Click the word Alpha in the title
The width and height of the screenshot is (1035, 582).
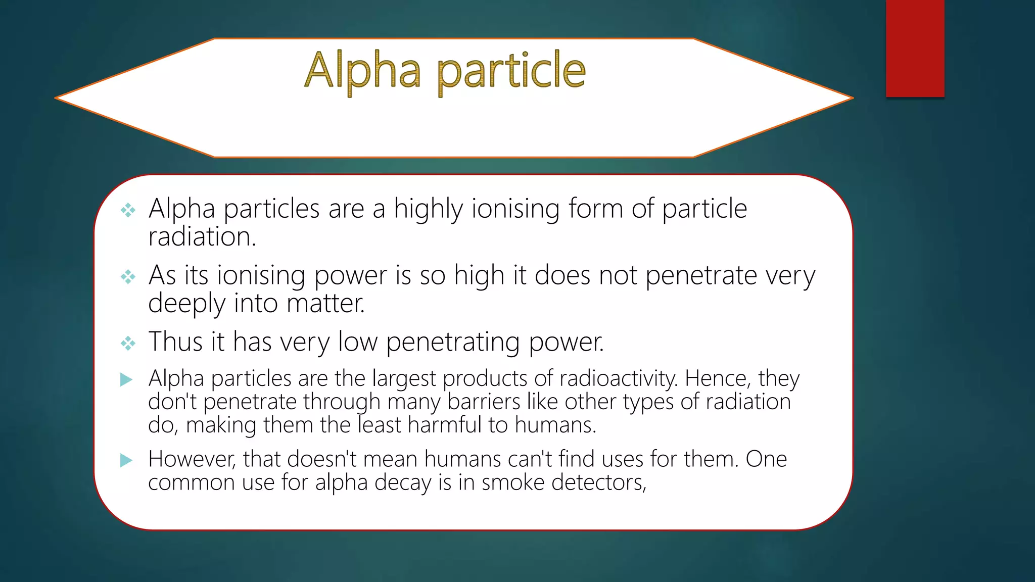362,71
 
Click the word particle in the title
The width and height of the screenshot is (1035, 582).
510,72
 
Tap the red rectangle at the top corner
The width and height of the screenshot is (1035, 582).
915,48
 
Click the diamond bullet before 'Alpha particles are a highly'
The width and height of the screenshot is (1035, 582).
128,210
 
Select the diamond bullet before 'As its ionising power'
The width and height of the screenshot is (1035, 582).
128,277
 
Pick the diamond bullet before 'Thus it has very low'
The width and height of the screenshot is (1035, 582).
128,344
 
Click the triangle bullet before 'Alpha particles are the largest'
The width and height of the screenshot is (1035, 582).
126,379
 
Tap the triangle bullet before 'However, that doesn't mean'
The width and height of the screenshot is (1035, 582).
126,460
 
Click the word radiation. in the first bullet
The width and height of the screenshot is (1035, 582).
202,236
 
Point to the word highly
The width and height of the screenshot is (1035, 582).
428,209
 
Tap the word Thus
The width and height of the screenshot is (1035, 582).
175,342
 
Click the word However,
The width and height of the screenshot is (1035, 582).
192,460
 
